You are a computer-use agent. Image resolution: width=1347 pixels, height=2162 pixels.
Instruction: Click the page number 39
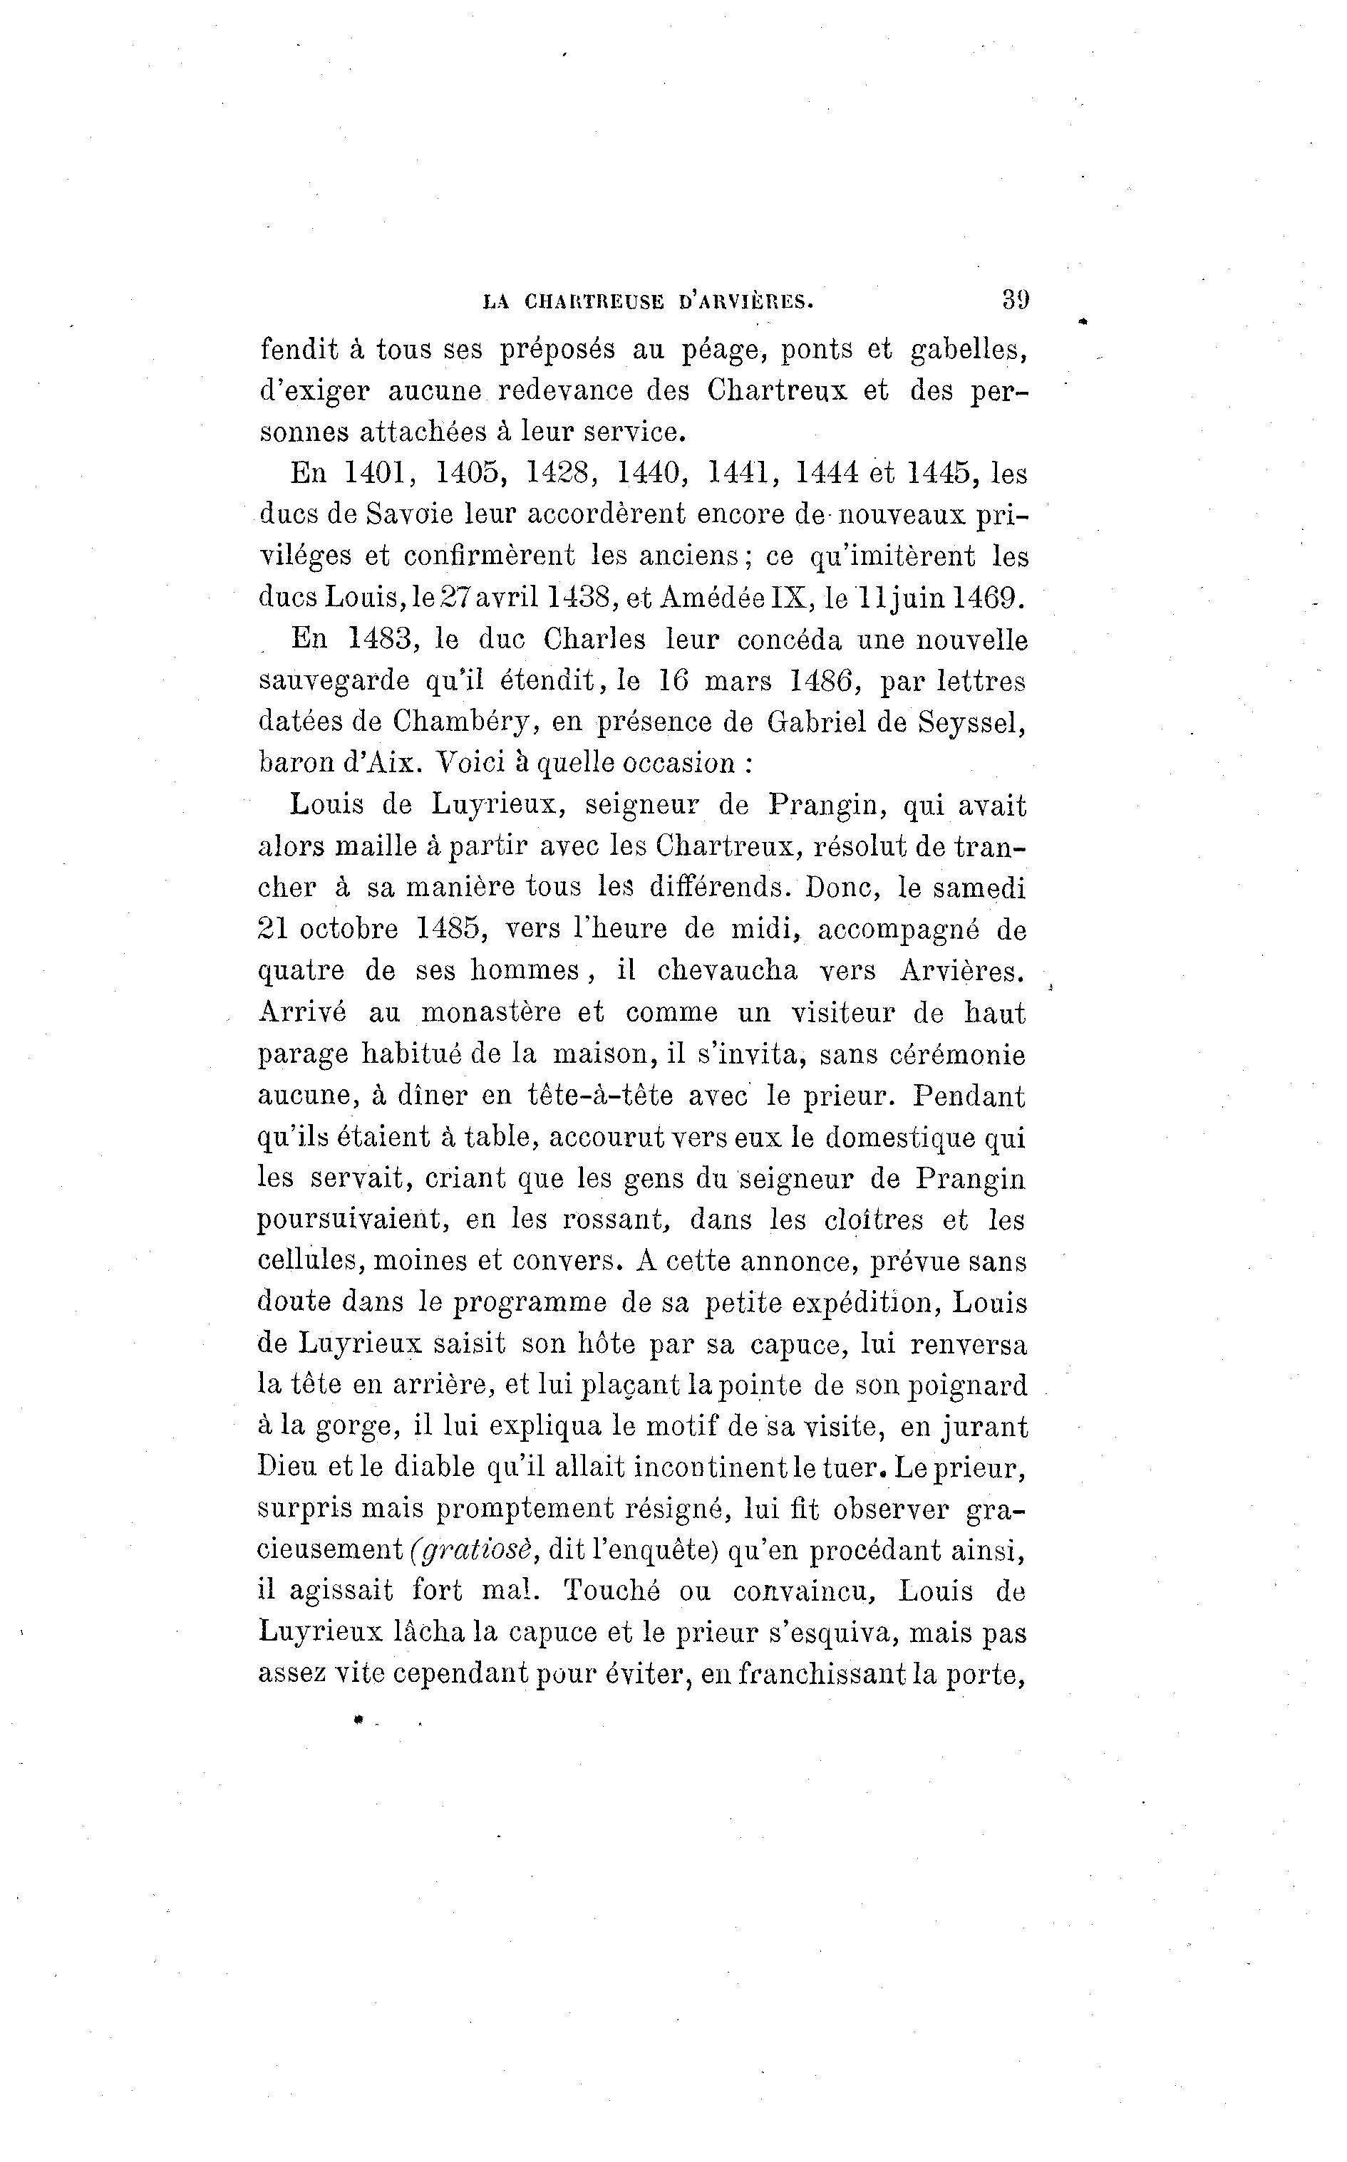pos(1015,299)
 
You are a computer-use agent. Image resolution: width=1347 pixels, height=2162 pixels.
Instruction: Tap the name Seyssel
pos(971,722)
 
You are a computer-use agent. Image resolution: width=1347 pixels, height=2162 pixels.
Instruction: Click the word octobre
pos(349,929)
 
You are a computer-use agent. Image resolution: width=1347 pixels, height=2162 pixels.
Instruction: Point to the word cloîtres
pos(874,1220)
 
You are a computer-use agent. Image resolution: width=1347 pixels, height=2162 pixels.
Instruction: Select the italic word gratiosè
pos(474,1550)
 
